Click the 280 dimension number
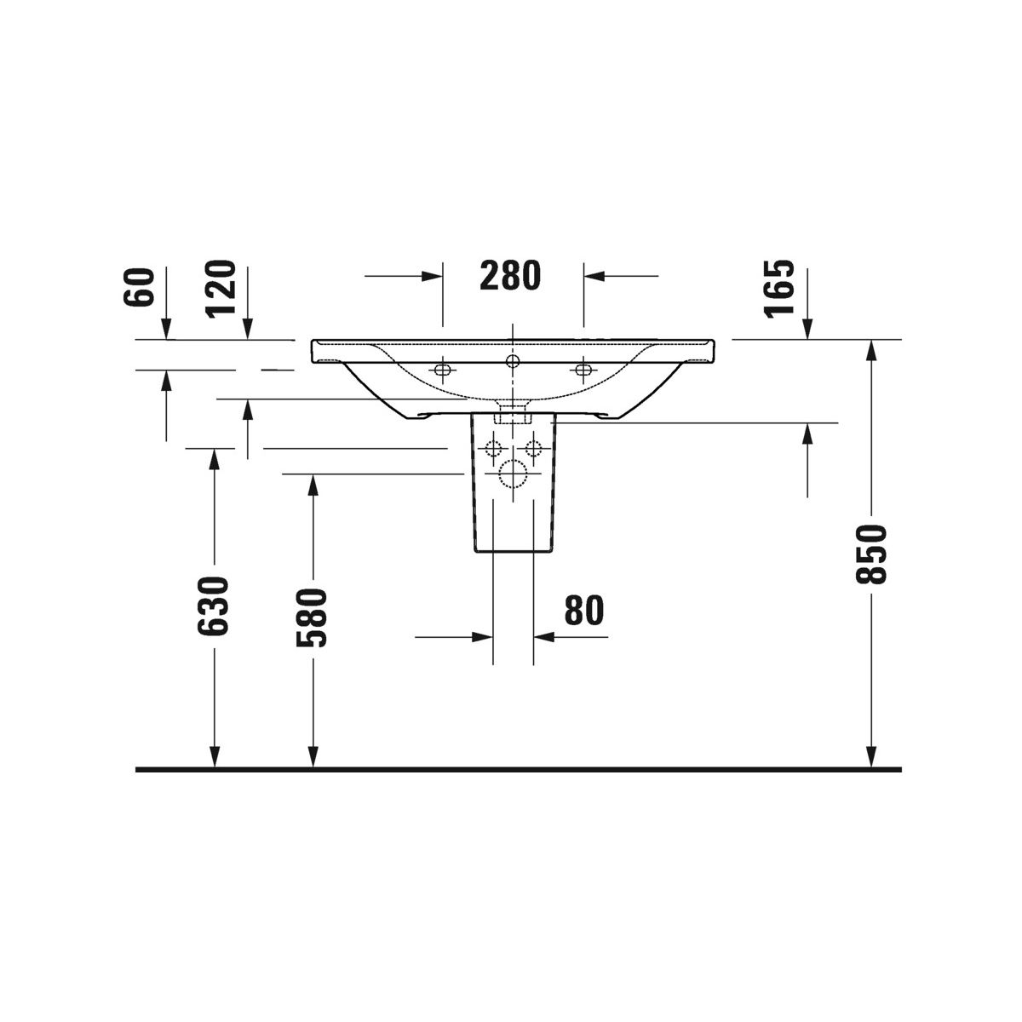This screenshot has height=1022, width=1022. click(x=509, y=275)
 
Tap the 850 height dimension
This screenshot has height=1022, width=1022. click(x=871, y=554)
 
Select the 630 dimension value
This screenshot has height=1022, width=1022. click(x=213, y=606)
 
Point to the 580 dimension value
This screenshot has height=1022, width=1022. click(x=312, y=617)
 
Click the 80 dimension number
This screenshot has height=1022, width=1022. click(x=584, y=610)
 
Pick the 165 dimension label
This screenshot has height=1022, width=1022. click(x=779, y=289)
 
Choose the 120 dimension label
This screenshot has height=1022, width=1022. click(x=221, y=289)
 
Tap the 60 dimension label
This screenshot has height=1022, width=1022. click(x=139, y=287)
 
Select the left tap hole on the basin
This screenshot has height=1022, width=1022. click(x=442, y=370)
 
